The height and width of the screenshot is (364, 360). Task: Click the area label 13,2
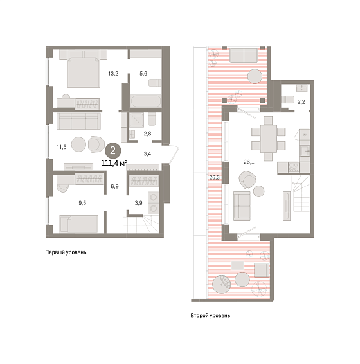[x=113, y=74]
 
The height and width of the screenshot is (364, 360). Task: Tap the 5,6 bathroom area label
[x=143, y=74]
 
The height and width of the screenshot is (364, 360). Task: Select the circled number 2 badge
[x=113, y=151]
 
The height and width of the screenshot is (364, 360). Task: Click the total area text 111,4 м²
[x=114, y=163]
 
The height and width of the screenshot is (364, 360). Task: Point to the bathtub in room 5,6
[x=145, y=101]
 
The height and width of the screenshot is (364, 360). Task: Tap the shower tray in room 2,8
[x=136, y=120]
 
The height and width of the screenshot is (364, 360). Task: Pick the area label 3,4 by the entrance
[x=147, y=153]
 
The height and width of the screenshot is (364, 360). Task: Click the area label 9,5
[x=82, y=203]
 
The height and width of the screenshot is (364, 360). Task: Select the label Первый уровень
[x=66, y=252]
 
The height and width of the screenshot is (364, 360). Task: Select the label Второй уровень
[x=210, y=316]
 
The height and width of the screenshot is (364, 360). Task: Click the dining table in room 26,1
[x=269, y=139]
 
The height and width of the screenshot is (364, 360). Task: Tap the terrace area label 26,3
[x=214, y=178]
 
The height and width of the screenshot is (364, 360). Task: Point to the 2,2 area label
[x=301, y=101]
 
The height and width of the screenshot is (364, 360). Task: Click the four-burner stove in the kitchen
[x=294, y=167]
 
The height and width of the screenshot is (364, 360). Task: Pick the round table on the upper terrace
[x=255, y=76]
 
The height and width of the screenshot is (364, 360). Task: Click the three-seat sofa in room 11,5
[x=79, y=121]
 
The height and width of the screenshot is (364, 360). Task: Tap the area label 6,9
[x=114, y=186]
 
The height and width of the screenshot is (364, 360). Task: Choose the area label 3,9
[x=138, y=203]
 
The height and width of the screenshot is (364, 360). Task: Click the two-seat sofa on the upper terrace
[x=244, y=55]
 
